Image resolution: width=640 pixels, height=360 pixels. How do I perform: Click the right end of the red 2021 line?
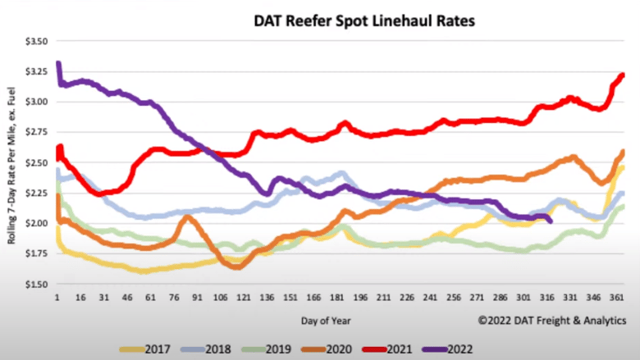pos(623,75)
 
